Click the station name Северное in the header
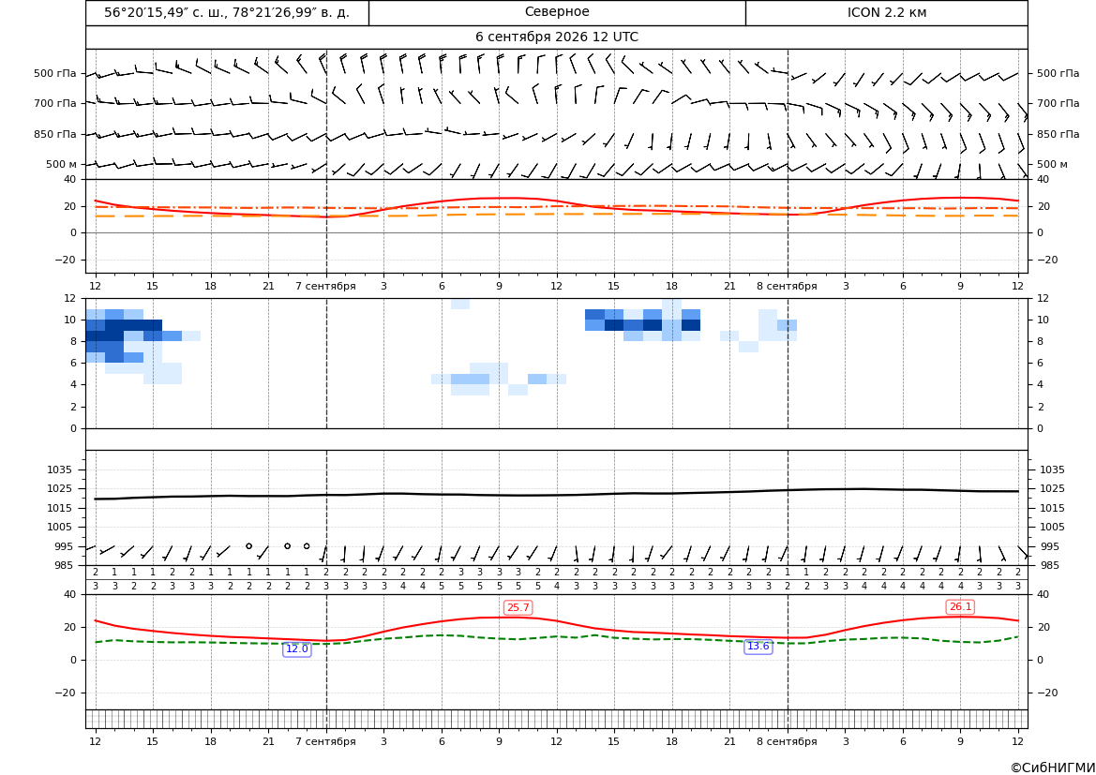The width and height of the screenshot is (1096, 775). [557, 12]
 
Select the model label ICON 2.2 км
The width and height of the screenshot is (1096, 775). [887, 12]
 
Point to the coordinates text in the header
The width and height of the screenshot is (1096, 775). [227, 12]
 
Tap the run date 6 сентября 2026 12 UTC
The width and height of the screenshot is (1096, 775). [557, 37]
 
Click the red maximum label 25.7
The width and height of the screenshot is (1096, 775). [518, 607]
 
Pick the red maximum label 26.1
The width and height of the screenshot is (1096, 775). [960, 606]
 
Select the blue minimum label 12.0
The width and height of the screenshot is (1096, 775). [297, 648]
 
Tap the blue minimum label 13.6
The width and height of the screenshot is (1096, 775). [758, 646]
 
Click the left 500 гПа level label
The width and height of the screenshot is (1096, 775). [55, 73]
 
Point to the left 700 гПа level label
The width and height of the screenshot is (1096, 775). [55, 103]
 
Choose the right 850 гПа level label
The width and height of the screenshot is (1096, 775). [1058, 134]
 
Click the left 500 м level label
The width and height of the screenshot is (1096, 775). [62, 164]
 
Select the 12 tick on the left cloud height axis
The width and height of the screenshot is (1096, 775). [70, 298]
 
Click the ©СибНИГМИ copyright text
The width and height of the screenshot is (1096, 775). [1053, 768]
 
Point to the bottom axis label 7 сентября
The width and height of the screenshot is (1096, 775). [325, 741]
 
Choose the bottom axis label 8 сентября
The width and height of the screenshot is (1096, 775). [787, 741]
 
